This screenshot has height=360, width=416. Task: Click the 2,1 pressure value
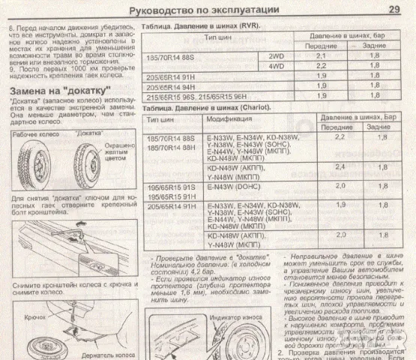(x=322, y=56)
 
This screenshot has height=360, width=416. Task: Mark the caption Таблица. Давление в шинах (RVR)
(x=196, y=23)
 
